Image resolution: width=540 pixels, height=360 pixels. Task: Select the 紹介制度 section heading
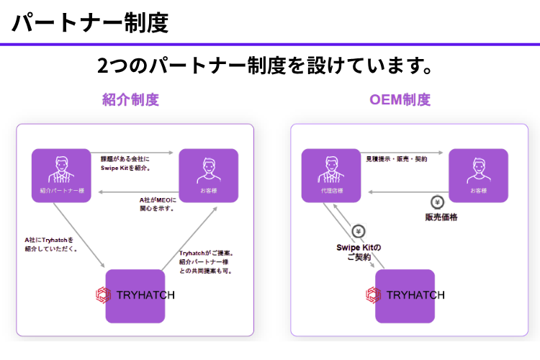[x=130, y=100]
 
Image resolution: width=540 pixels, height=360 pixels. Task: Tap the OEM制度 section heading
[x=400, y=100]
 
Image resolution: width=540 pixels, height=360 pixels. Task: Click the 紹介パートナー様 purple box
[x=61, y=175]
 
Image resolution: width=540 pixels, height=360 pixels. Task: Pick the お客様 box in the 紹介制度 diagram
[x=209, y=175]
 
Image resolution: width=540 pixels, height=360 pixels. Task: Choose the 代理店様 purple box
[x=331, y=175]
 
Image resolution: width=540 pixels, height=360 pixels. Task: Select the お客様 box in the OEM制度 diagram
[x=478, y=175]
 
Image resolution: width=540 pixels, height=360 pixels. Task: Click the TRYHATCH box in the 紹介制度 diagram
[x=135, y=295]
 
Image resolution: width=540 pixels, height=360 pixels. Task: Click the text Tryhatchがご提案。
[x=206, y=253]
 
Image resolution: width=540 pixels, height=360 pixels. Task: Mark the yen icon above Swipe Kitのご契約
[x=359, y=231]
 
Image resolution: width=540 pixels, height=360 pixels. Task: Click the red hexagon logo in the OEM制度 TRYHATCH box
[x=373, y=295]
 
